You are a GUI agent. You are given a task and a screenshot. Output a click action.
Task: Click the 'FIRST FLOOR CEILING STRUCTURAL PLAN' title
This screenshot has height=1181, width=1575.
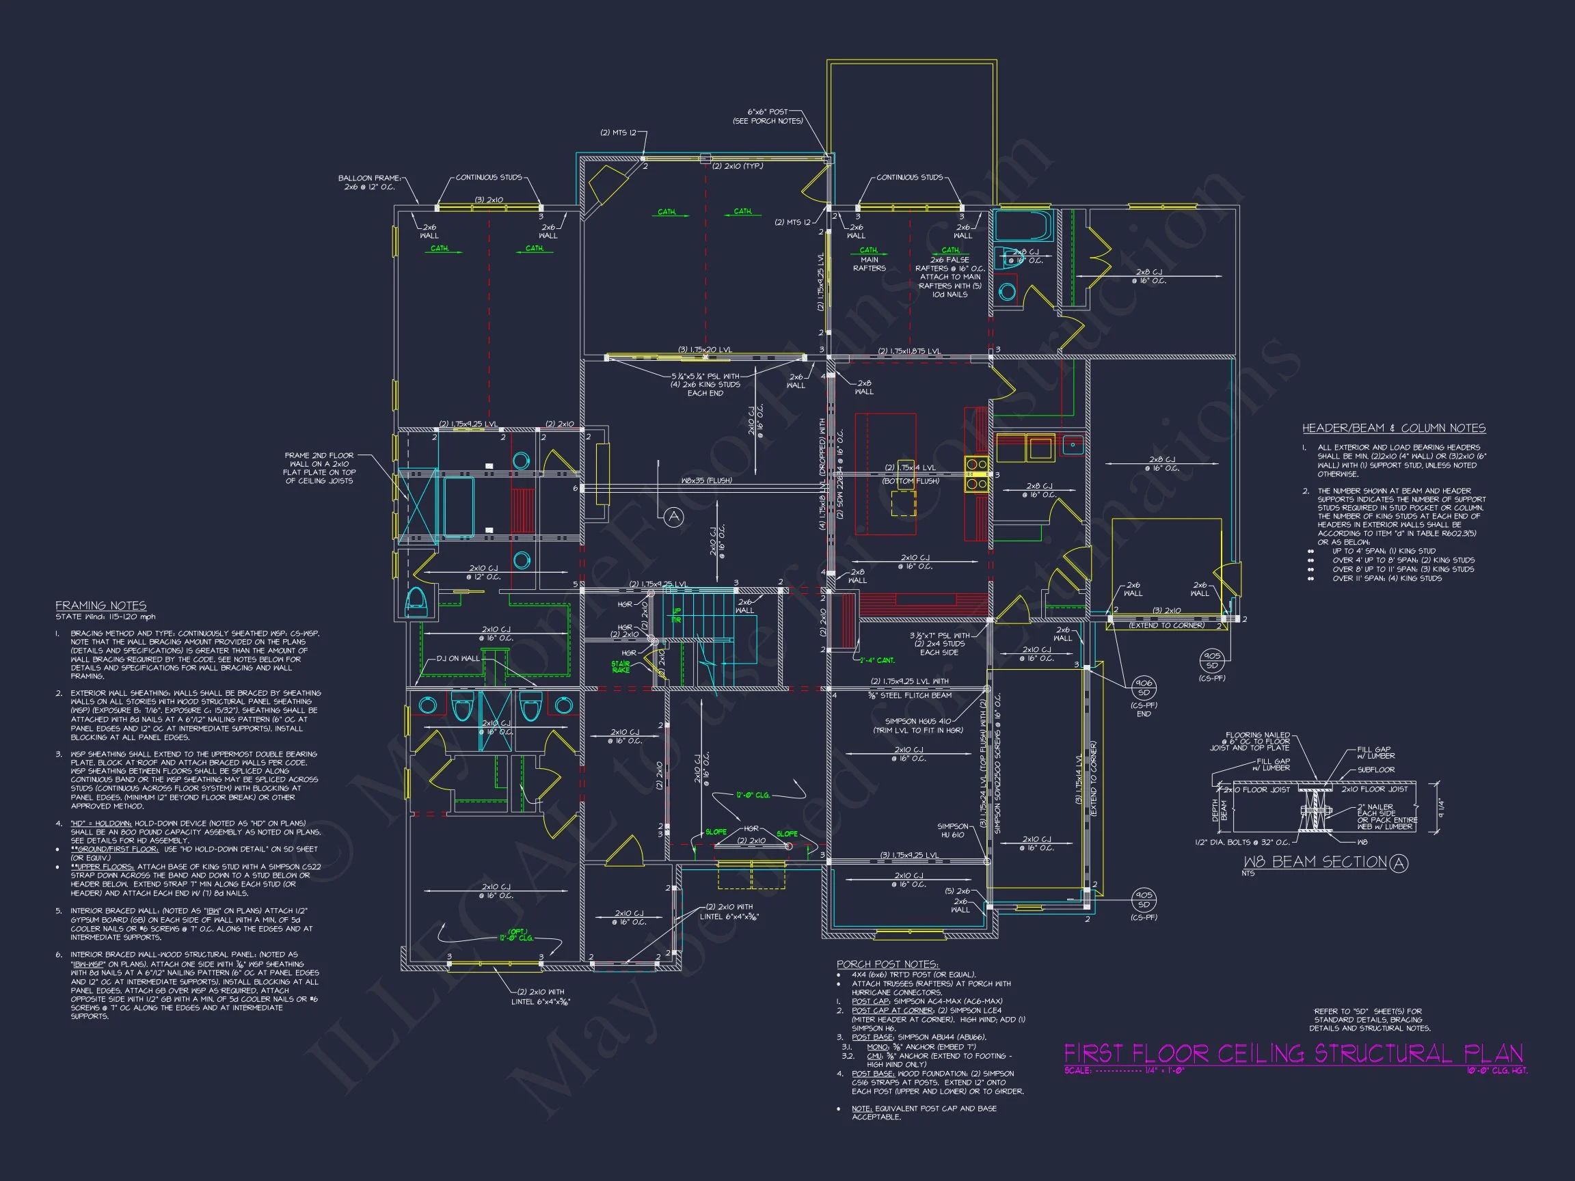coord(1293,1054)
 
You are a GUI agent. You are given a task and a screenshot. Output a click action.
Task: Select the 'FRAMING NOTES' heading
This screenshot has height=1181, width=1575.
coord(101,606)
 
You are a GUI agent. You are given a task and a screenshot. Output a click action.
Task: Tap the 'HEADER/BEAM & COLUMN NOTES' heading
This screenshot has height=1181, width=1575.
coord(1393,428)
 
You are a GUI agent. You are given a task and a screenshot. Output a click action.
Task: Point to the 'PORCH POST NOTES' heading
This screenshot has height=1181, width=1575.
coord(887,964)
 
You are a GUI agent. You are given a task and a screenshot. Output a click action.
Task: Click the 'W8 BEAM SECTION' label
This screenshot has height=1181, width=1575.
coord(1315,862)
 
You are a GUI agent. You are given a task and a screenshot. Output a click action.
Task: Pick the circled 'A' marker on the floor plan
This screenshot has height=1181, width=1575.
coord(673,517)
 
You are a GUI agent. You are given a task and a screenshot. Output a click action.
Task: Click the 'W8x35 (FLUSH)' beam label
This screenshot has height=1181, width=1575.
coord(706,480)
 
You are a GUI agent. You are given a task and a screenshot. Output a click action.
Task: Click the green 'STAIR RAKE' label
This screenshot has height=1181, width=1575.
coord(620,667)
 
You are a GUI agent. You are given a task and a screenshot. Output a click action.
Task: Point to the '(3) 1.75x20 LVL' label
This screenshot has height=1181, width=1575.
coord(704,349)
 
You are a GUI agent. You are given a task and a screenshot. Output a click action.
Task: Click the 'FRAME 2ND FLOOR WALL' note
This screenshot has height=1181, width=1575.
coord(320,467)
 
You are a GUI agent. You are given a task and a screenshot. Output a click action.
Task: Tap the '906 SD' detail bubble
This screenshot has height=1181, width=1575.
coord(1144,688)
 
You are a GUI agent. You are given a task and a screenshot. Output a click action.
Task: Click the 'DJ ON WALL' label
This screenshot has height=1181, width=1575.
coord(459,658)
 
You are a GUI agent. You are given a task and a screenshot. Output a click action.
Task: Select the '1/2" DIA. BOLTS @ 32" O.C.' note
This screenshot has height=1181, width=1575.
coord(1242,842)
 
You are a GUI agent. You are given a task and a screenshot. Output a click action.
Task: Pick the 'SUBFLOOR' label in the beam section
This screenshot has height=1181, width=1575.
coord(1375,770)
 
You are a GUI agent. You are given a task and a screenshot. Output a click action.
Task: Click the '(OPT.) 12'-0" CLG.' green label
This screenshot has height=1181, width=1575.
coord(516,935)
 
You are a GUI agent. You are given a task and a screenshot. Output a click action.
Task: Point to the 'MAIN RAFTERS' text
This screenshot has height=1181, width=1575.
coord(869,264)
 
